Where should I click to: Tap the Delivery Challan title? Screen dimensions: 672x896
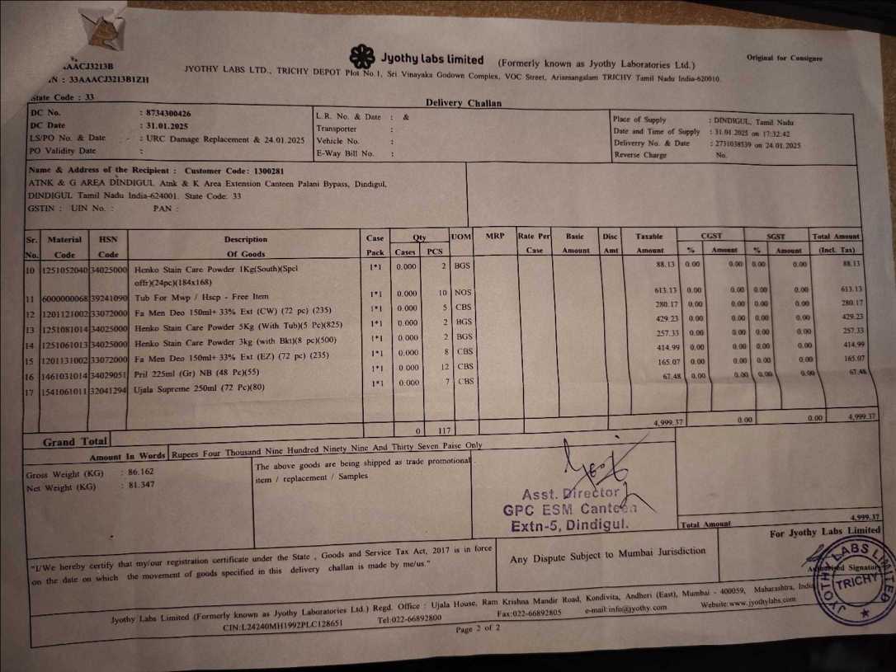[x=463, y=103]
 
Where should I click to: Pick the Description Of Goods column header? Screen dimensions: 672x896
[x=246, y=247]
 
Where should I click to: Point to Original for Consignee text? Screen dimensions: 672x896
[x=784, y=59]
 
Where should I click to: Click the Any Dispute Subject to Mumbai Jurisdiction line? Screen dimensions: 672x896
[x=608, y=556]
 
